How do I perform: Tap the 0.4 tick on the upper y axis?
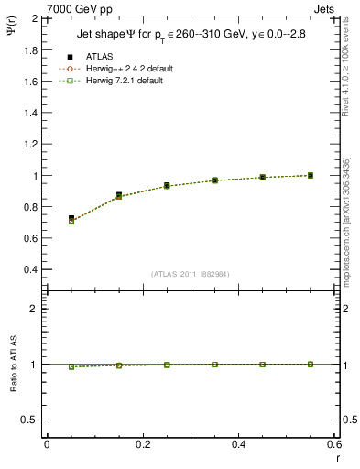click(x=31, y=270)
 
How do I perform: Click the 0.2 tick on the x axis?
click(x=143, y=444)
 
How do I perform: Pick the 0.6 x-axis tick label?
click(x=334, y=444)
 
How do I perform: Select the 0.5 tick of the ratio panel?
click(x=31, y=420)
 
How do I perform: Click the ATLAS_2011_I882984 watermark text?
click(x=190, y=274)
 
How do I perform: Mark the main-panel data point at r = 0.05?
click(x=71, y=219)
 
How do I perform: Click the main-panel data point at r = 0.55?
click(x=311, y=175)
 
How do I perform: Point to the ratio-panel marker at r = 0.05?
click(x=71, y=366)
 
